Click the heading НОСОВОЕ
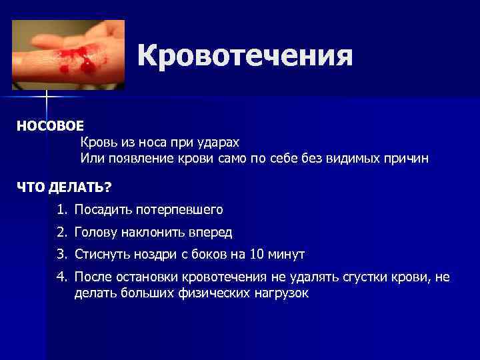(x=51, y=126)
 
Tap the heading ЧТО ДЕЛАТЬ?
(x=64, y=186)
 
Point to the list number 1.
(x=62, y=210)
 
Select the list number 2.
(x=62, y=232)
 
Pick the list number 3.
(x=62, y=254)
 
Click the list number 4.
(x=62, y=277)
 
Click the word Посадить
(x=103, y=210)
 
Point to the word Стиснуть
(x=102, y=254)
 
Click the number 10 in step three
(x=257, y=254)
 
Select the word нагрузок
(x=282, y=293)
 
